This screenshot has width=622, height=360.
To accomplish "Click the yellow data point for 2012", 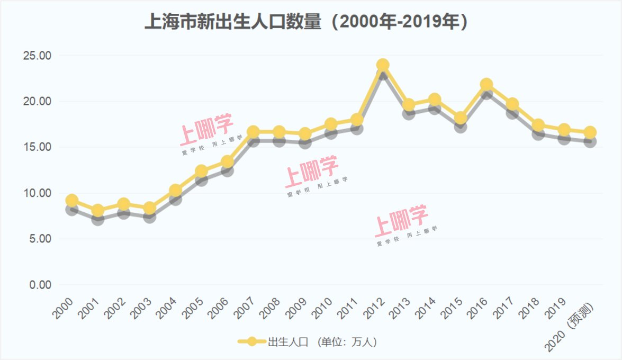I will (383, 65).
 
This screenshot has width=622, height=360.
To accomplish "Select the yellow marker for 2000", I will (71, 201).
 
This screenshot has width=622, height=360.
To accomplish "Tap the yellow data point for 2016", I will (486, 85).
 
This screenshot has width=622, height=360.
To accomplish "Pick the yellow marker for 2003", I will (149, 208).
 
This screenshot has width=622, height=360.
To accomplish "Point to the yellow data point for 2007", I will (253, 132).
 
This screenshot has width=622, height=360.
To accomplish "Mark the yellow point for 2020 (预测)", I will (590, 132).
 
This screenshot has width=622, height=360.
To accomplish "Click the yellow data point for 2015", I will (461, 118).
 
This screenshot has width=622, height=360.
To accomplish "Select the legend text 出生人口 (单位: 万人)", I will (322, 342).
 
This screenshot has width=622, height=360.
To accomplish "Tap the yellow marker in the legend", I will (253, 342).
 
